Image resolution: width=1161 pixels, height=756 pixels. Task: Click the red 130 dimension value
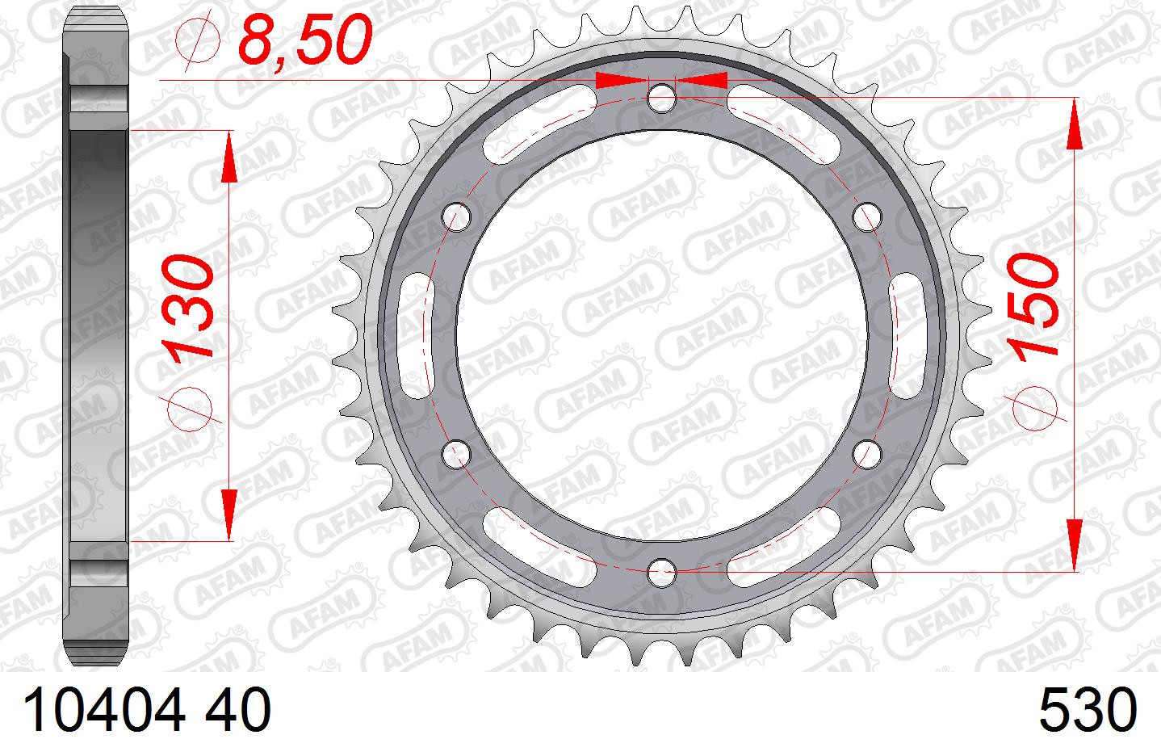(187, 306)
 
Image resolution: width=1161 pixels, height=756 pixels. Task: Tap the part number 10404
(104, 709)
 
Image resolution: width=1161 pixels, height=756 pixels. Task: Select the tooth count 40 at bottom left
(238, 709)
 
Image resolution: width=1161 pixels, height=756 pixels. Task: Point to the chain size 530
(1088, 709)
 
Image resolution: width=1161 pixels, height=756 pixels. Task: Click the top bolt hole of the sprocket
(661, 98)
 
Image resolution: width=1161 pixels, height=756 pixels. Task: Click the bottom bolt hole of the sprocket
(662, 573)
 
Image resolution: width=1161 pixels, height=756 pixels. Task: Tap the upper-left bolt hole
(457, 216)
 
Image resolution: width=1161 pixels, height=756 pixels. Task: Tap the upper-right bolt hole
(867, 216)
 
